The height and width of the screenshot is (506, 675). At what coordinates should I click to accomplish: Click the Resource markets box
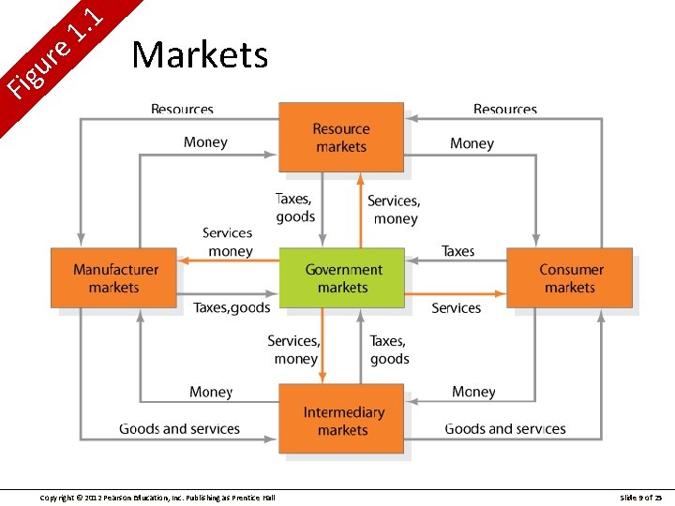(341, 137)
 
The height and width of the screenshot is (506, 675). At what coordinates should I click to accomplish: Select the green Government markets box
(342, 278)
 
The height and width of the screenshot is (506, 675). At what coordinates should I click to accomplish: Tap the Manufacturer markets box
(114, 278)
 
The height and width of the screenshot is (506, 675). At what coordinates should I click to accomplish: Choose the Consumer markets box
(570, 278)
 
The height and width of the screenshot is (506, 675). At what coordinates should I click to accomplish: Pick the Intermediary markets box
(342, 421)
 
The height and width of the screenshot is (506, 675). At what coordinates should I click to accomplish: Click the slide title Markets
(200, 55)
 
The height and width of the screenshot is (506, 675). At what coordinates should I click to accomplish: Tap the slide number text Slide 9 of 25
(641, 497)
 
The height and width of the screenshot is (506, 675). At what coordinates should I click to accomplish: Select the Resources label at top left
(182, 110)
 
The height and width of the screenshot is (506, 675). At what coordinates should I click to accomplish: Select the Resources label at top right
(505, 110)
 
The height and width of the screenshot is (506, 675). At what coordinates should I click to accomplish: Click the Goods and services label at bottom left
(179, 429)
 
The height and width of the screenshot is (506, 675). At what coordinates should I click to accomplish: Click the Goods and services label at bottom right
(505, 429)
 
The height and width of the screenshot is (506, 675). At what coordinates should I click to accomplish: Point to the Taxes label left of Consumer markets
(458, 251)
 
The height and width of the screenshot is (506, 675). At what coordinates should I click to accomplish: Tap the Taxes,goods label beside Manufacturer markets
(232, 307)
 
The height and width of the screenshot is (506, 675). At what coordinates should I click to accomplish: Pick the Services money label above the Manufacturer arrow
(228, 242)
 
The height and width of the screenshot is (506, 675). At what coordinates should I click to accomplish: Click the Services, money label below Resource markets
(394, 209)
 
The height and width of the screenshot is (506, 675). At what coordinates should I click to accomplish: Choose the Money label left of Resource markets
(205, 142)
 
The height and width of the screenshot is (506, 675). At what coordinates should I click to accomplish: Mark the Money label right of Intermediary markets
(473, 392)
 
